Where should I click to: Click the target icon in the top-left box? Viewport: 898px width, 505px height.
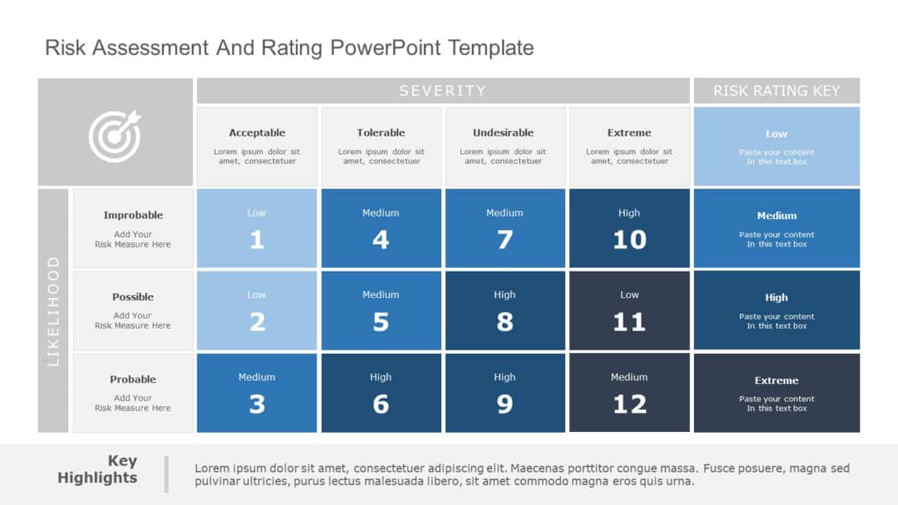(x=115, y=136)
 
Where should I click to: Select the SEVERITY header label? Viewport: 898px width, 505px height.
(x=442, y=91)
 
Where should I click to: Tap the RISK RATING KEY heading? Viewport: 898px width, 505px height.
(x=776, y=91)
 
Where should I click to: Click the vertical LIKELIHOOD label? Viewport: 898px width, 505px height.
(x=53, y=311)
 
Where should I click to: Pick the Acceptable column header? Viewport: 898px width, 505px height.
(x=257, y=132)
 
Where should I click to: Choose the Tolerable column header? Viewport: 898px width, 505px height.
(x=381, y=132)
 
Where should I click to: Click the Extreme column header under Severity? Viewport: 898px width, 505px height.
(x=629, y=132)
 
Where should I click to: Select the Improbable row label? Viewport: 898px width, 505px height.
(x=133, y=215)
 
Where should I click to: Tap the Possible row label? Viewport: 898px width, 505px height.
(x=133, y=297)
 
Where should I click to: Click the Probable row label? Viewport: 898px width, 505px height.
(x=133, y=379)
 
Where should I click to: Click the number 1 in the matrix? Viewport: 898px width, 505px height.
(x=257, y=240)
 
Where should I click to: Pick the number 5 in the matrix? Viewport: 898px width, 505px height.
(x=381, y=322)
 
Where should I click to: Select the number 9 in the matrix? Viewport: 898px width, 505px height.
(x=505, y=405)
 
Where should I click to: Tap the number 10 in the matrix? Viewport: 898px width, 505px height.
(x=629, y=240)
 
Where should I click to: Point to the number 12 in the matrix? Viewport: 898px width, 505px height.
(x=629, y=405)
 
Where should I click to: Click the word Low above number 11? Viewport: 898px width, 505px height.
(x=629, y=294)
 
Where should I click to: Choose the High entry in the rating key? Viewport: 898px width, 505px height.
(x=776, y=297)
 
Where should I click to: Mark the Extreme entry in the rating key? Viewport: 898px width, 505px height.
(x=776, y=380)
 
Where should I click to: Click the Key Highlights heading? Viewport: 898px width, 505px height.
(x=97, y=469)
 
